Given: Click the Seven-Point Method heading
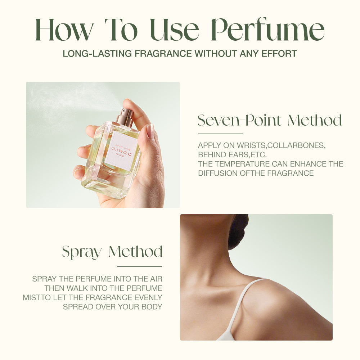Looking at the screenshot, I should (x=270, y=121).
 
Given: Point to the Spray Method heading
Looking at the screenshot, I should (x=112, y=252).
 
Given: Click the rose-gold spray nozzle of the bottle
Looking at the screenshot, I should (x=126, y=118).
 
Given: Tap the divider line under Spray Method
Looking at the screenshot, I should (x=139, y=267).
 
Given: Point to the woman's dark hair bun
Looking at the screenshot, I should (x=238, y=230).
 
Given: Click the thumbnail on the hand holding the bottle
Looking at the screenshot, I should (x=150, y=131).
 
